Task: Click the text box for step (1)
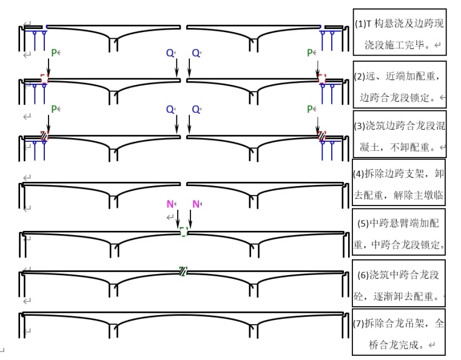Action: pos(399,33)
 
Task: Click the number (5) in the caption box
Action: pos(363,223)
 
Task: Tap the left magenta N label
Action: pos(170,204)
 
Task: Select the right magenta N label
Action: pos(196,204)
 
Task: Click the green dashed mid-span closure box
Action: pos(183,232)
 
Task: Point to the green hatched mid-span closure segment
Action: pos(183,271)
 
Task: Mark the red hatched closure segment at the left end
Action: pos(44,136)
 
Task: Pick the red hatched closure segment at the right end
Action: pos(321,136)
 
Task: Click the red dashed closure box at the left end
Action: pos(44,79)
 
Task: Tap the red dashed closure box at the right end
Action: pos(321,79)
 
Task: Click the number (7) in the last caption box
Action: pos(358,323)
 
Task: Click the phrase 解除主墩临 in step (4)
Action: pos(420,195)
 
